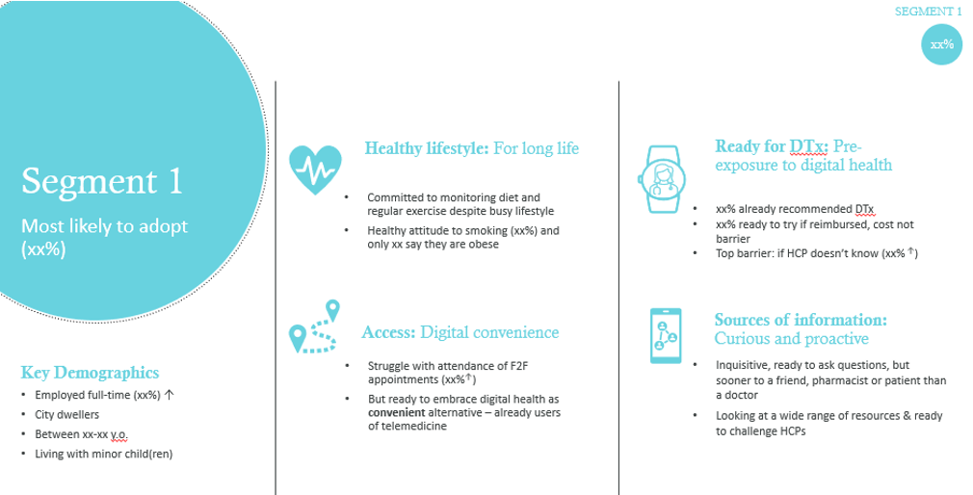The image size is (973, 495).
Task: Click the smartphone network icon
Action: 665,336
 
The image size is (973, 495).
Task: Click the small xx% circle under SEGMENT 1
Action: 941,44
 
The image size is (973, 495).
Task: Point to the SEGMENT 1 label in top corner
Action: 928,12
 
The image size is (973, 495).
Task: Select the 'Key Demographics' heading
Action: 90,373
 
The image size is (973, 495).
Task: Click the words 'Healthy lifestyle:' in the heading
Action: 427,148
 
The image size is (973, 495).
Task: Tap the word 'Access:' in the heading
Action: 388,332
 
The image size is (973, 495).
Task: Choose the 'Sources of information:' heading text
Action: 800,319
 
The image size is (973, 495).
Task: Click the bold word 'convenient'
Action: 398,413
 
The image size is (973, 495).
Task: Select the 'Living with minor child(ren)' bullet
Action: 103,454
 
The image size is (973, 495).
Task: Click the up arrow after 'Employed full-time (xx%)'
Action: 170,395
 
